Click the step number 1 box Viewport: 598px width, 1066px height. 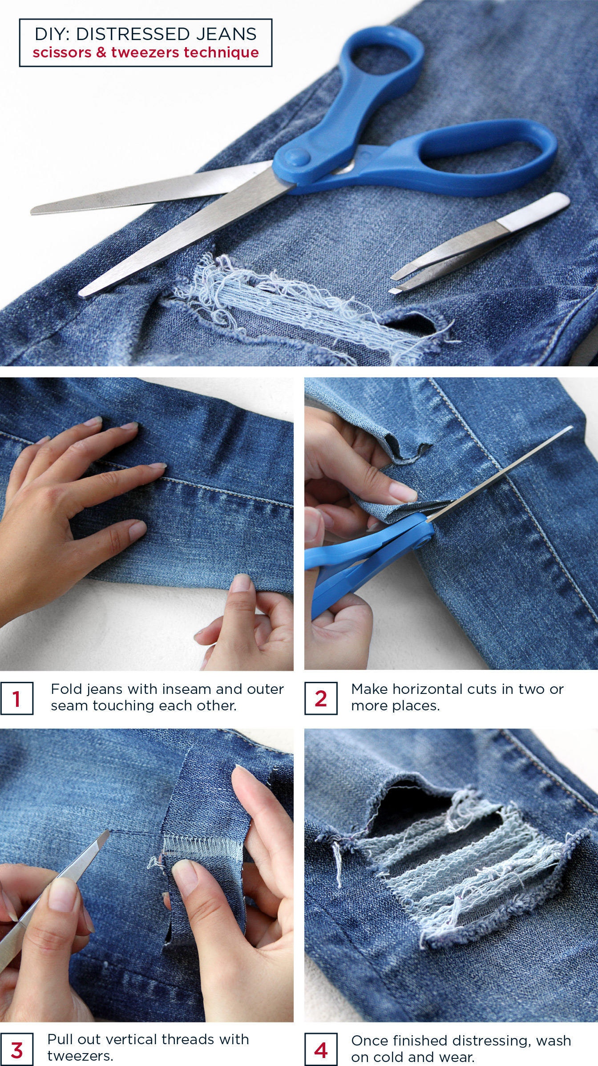tap(16, 698)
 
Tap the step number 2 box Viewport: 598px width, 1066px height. tap(321, 698)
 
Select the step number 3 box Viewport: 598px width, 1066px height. tap(16, 1050)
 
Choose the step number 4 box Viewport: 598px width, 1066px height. tap(321, 1050)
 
